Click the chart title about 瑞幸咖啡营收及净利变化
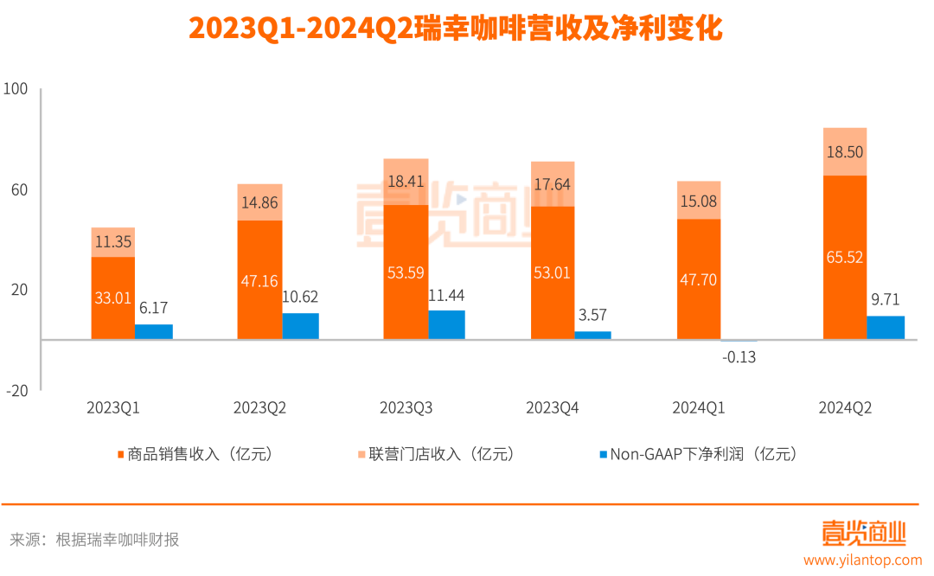455,29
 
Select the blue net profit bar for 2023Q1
154,331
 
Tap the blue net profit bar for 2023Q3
446,324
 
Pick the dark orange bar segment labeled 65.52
844,258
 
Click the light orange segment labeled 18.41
406,182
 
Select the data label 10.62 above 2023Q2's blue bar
300,297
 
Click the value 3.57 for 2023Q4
592,315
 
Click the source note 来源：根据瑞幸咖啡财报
94,540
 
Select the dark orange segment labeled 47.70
698,279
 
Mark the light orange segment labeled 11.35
112,242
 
